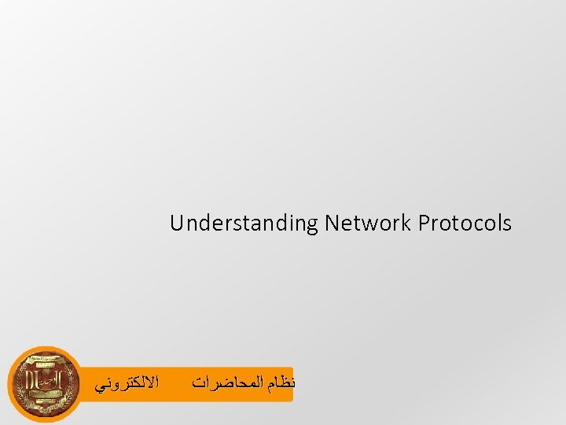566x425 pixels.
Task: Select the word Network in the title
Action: (367, 224)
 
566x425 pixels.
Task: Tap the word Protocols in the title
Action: (465, 224)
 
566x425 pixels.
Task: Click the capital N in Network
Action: (330, 224)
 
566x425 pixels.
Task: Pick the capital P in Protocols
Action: (424, 224)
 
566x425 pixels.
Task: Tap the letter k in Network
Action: (407, 224)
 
